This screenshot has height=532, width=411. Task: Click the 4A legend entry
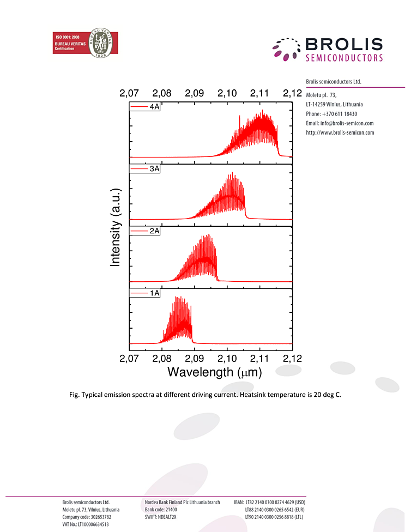coord(144,107)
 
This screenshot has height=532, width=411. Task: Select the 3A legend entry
coord(144,169)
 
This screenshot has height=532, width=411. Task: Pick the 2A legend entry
coord(144,231)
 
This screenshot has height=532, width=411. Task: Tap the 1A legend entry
coord(144,293)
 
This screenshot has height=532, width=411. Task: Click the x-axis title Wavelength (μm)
coord(214,373)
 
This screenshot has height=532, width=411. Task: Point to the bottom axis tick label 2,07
coord(130,359)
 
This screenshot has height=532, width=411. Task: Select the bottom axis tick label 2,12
coord(293,359)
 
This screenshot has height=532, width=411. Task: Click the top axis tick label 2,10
coord(227,93)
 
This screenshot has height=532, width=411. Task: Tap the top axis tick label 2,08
coord(162,93)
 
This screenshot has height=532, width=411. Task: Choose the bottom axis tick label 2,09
coord(195,359)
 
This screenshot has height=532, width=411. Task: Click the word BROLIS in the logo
coord(344,45)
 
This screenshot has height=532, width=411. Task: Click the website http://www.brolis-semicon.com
coord(340,132)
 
